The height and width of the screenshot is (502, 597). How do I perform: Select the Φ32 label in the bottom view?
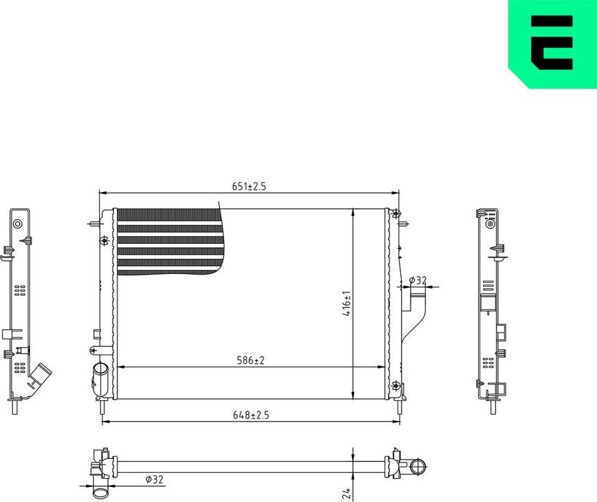(154, 479)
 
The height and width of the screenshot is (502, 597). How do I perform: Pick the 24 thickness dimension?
(346, 492)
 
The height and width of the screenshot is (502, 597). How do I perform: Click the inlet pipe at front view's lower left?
(100, 378)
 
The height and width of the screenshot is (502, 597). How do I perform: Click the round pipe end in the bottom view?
(418, 468)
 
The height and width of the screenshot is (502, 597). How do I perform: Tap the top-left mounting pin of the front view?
(94, 223)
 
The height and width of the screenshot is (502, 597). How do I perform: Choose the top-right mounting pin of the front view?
(404, 223)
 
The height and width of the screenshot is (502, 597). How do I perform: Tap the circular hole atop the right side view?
(489, 223)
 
